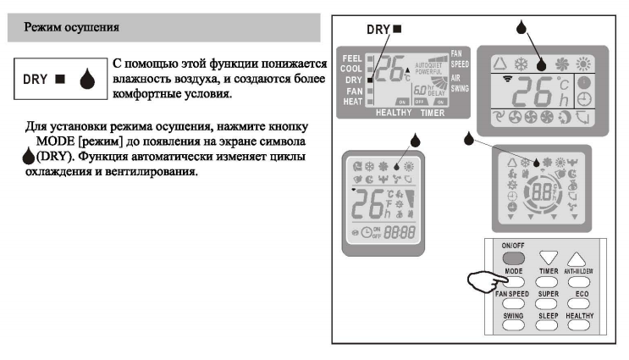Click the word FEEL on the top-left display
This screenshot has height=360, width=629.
[x=351, y=58]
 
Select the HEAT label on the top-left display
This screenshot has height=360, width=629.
[x=351, y=100]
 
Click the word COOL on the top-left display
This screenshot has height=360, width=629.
[x=351, y=69]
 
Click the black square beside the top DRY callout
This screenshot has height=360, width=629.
[x=397, y=28]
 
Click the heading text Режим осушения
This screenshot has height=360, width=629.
[x=72, y=28]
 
